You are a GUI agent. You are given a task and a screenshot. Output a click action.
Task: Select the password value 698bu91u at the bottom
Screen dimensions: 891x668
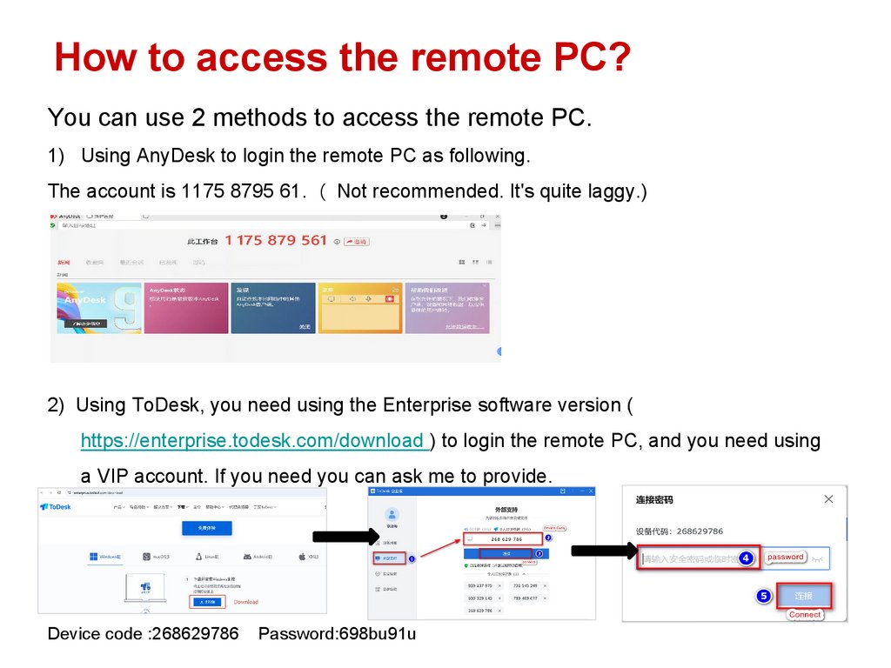(378, 633)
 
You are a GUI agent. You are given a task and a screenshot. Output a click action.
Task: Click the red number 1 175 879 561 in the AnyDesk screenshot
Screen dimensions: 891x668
(276, 240)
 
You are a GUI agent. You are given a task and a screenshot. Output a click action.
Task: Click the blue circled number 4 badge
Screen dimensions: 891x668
(746, 558)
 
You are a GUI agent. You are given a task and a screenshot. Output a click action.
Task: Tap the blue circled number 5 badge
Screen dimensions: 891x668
(763, 596)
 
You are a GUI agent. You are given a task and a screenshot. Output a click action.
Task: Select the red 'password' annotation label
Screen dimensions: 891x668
(785, 557)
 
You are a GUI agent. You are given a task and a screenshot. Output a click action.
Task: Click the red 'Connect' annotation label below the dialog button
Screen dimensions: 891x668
(804, 614)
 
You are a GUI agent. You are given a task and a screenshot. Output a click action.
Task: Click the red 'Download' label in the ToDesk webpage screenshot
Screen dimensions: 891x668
(246, 602)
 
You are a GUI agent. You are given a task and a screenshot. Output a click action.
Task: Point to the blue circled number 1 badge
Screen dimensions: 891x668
(412, 558)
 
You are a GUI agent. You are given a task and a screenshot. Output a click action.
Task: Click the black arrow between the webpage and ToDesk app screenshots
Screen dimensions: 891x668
(343, 535)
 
